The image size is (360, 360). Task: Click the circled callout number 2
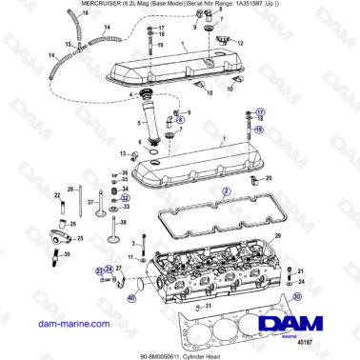(226, 191)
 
